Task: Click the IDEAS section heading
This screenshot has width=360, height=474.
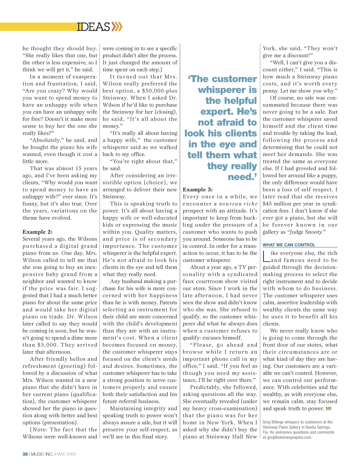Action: (x=93, y=27)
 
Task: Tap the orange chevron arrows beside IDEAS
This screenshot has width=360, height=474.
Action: (x=117, y=27)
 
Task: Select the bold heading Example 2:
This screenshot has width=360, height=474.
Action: (x=37, y=232)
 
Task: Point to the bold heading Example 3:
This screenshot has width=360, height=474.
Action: (x=198, y=190)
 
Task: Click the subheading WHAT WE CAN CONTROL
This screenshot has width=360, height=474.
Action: (x=289, y=245)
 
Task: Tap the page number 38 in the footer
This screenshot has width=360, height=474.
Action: (x=25, y=454)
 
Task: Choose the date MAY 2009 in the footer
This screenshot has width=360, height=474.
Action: (x=66, y=454)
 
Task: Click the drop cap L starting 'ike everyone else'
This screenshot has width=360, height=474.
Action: (x=266, y=256)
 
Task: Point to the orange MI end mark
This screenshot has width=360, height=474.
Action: (x=328, y=409)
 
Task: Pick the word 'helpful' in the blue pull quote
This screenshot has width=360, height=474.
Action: (x=231, y=101)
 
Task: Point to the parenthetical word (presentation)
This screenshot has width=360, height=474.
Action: (x=60, y=423)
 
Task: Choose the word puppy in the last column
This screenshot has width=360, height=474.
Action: (x=329, y=176)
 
